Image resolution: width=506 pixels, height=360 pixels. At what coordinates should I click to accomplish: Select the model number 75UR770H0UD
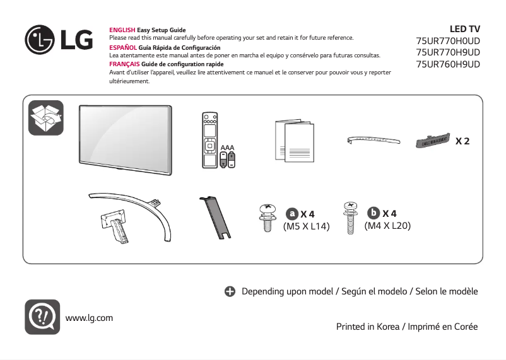448,41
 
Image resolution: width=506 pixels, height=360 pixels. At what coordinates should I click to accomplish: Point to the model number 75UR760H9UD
448,64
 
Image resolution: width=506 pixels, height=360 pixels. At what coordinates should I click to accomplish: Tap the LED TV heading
464,29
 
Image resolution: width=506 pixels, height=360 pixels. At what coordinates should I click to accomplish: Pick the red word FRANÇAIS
124,64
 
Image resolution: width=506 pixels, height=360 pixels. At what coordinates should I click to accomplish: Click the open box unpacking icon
46,117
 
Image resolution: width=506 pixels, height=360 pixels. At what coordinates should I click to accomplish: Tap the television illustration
125,137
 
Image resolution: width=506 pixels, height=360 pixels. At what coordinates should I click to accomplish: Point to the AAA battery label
227,147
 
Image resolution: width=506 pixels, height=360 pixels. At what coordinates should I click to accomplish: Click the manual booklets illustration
294,140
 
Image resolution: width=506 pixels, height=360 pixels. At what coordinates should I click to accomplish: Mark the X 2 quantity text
462,141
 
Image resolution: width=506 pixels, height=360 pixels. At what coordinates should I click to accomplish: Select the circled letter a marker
292,214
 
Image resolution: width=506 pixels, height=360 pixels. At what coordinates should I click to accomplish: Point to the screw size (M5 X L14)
307,226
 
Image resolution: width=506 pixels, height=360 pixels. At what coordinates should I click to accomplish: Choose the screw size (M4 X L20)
387,226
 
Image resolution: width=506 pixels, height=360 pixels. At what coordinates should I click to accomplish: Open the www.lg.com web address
89,318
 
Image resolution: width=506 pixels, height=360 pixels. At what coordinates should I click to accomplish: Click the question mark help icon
42,317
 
